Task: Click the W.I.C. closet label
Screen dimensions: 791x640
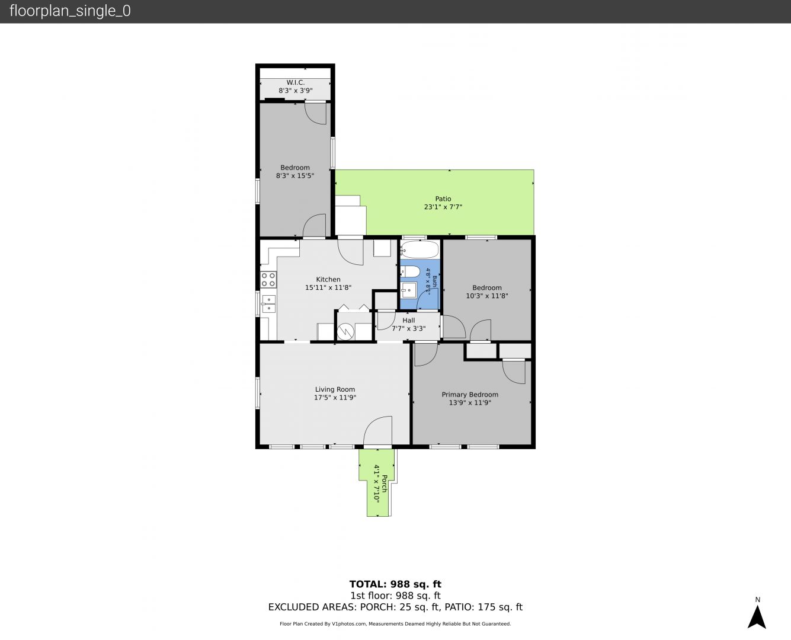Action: [x=296, y=82]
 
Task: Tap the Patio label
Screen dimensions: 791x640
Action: [x=443, y=199]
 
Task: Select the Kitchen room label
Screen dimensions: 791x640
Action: [x=328, y=279]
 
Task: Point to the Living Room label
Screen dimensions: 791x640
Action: [x=335, y=389]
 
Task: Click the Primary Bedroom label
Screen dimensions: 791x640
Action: [x=470, y=395]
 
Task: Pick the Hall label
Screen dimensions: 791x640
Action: [x=408, y=320]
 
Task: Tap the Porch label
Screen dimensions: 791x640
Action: [x=385, y=484]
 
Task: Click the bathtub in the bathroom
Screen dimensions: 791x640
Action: [x=420, y=249]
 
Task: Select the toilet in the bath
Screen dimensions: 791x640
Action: [x=410, y=271]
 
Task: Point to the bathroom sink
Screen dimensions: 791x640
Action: [x=408, y=290]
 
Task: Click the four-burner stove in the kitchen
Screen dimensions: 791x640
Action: [x=268, y=280]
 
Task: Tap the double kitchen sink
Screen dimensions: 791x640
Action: [x=268, y=304]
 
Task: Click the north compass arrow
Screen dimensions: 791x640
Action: [x=757, y=617]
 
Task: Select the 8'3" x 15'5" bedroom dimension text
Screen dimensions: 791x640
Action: [x=295, y=175]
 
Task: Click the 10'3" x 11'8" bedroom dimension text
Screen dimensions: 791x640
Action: [x=487, y=296]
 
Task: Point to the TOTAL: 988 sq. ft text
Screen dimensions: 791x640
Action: [x=395, y=584]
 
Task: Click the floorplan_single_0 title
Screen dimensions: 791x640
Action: [x=70, y=11]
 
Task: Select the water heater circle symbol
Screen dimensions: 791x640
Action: [x=345, y=331]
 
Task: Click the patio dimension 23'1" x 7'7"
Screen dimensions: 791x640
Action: [x=443, y=207]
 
